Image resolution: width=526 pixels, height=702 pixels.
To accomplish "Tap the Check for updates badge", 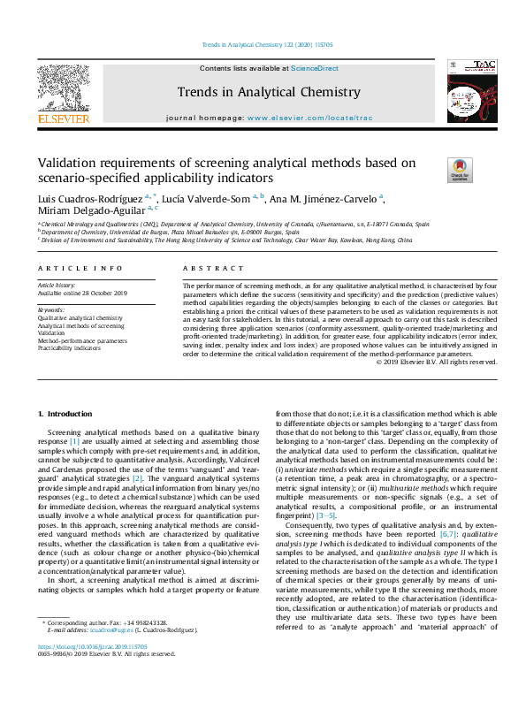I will point(460,169).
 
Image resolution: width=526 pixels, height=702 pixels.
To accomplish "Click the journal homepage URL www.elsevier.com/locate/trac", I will point(302,118).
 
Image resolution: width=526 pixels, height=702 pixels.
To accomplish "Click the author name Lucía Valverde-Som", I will point(207,198).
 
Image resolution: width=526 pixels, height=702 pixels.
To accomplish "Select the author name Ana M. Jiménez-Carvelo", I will point(324,198).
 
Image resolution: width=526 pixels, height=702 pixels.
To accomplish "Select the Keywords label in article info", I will point(52,310).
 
